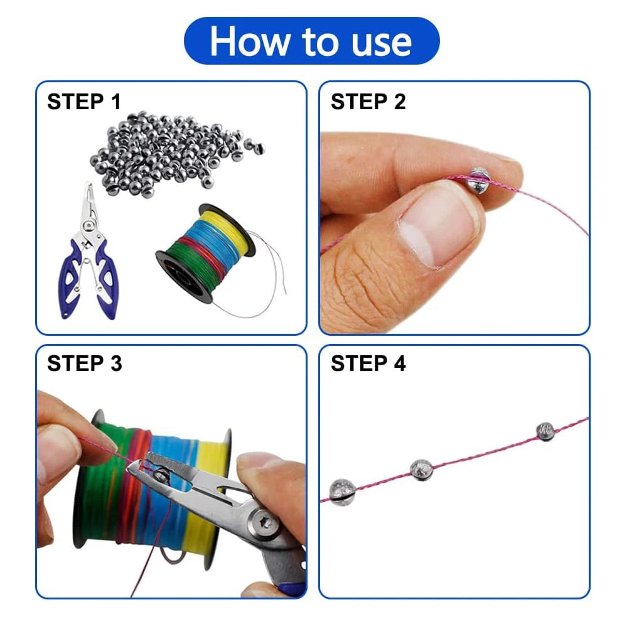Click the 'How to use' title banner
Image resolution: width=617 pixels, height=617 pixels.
click(x=311, y=41)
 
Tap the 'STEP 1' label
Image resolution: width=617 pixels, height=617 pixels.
click(x=84, y=102)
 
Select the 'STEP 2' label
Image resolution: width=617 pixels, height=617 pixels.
click(x=368, y=102)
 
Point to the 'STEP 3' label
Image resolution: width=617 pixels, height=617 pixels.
click(x=84, y=363)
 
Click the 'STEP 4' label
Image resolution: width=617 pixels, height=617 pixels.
click(x=368, y=363)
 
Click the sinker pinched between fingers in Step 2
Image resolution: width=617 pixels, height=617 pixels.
click(x=478, y=180)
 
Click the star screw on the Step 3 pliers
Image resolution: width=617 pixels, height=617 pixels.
click(x=262, y=523)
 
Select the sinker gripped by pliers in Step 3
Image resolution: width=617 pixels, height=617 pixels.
click(x=161, y=474)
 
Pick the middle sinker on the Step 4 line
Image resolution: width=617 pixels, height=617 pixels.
click(x=421, y=470)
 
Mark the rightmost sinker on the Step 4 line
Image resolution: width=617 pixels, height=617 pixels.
click(x=545, y=431)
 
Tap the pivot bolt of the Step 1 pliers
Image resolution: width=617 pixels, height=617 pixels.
click(x=88, y=226)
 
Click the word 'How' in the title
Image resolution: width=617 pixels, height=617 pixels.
click(x=249, y=41)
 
